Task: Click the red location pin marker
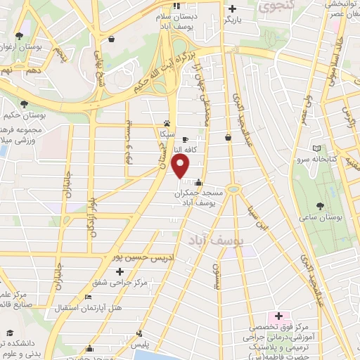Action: point(181,167)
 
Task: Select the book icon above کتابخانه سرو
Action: point(316,149)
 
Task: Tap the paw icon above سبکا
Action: point(167,122)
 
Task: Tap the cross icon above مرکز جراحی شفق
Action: point(120,271)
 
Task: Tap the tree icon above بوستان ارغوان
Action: point(18,36)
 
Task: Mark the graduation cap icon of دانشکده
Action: point(8,333)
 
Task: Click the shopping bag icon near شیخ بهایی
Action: point(110,39)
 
